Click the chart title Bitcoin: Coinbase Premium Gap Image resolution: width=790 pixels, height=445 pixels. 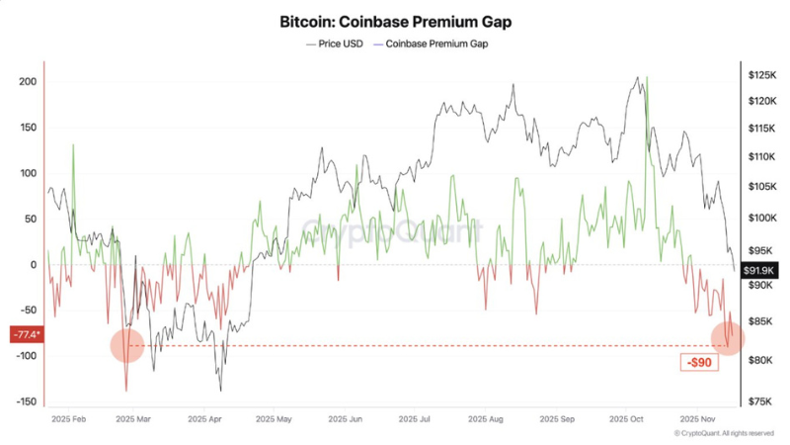click(395, 20)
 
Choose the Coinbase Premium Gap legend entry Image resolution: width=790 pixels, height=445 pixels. click(435, 44)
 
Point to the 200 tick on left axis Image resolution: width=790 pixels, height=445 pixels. click(27, 81)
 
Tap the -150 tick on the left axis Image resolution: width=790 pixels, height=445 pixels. click(24, 402)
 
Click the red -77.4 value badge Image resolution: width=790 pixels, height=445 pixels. click(24, 335)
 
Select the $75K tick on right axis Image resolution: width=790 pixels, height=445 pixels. click(759, 401)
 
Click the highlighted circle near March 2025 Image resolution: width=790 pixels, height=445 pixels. click(126, 345)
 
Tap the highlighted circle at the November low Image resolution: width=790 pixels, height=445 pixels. click(728, 336)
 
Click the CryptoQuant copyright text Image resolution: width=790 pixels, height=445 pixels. click(724, 433)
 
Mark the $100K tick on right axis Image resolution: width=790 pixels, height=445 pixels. click(761, 218)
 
